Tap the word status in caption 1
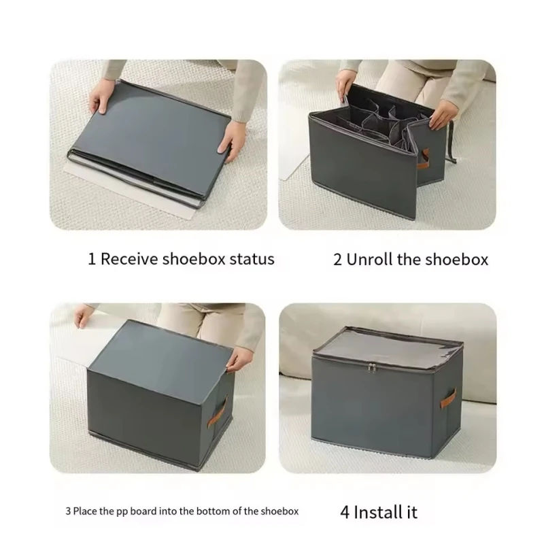[253, 259]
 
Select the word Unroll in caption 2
[373, 260]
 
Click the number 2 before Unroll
[337, 260]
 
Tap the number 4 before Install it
[344, 511]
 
